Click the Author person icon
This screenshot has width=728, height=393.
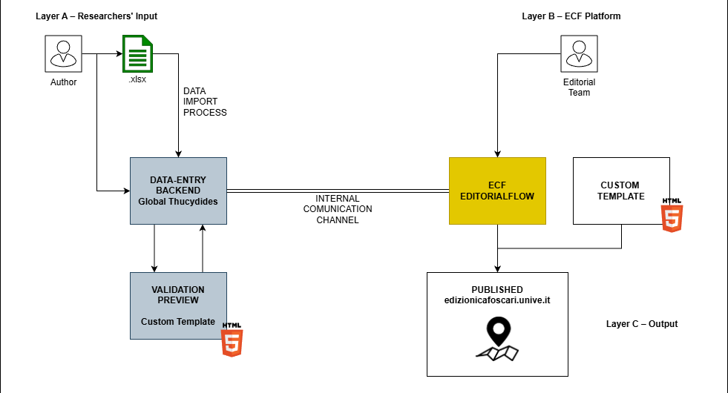(63, 54)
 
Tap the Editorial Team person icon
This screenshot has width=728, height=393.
(579, 54)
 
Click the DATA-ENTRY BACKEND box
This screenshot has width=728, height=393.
(178, 191)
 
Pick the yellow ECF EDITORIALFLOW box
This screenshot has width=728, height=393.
(497, 191)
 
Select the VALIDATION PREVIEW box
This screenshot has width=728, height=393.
(178, 306)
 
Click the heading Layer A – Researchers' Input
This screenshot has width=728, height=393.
(96, 16)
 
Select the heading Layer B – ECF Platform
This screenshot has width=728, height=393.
(571, 16)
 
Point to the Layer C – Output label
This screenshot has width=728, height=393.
(642, 324)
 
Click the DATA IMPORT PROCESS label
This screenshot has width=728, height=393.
(205, 102)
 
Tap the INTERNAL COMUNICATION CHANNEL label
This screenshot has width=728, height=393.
(338, 209)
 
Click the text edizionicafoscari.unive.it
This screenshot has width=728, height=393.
(497, 300)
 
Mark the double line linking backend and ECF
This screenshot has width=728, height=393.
(338, 190)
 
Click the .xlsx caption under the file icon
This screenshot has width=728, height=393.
(137, 79)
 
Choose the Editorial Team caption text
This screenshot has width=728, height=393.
(579, 87)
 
